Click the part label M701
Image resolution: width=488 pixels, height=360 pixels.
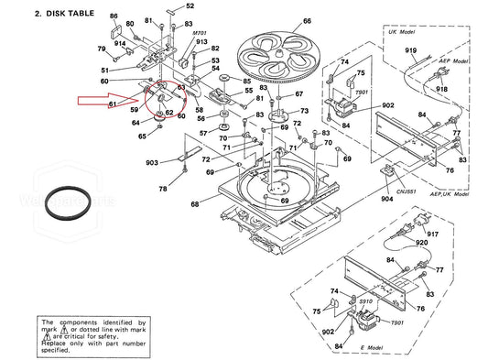(x=201, y=33)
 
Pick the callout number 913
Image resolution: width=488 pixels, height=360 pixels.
(x=202, y=42)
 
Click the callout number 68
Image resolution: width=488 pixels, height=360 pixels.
(x=193, y=203)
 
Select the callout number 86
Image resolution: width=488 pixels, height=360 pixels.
(x=114, y=16)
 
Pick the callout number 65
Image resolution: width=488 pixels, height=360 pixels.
(x=142, y=136)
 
